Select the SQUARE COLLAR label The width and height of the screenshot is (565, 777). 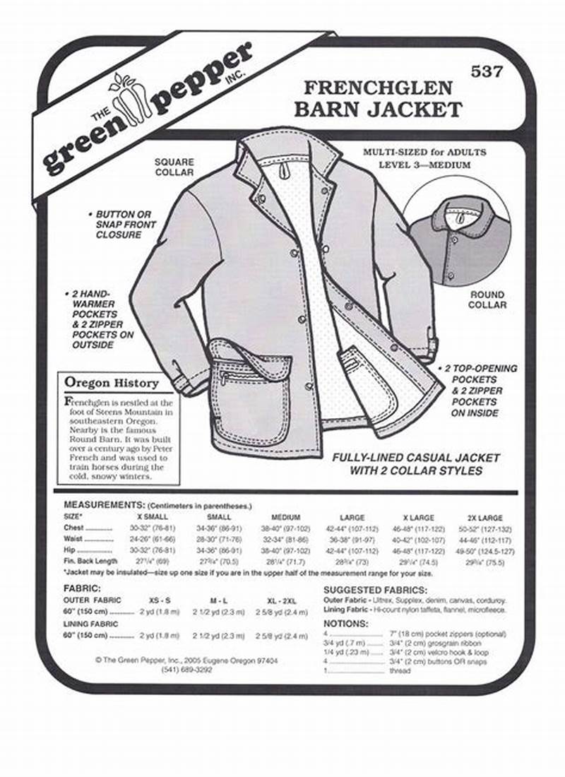tap(174, 167)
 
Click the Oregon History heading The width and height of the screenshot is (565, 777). tap(112, 383)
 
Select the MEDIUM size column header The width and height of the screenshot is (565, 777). tap(285, 517)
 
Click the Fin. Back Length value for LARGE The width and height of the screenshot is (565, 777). tap(352, 562)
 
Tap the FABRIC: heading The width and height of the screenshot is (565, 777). tap(81, 588)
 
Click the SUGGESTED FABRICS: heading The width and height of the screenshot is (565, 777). tap(374, 589)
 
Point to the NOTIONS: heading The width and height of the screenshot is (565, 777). tap(346, 624)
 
